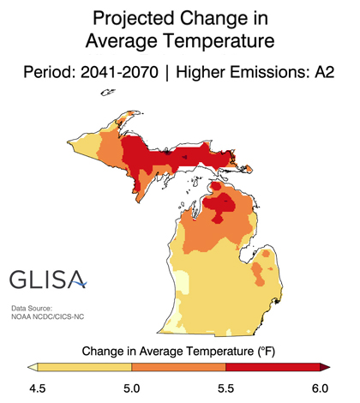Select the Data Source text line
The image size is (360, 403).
click(33, 308)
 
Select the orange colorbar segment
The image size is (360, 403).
click(179, 369)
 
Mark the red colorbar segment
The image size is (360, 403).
click(273, 369)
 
